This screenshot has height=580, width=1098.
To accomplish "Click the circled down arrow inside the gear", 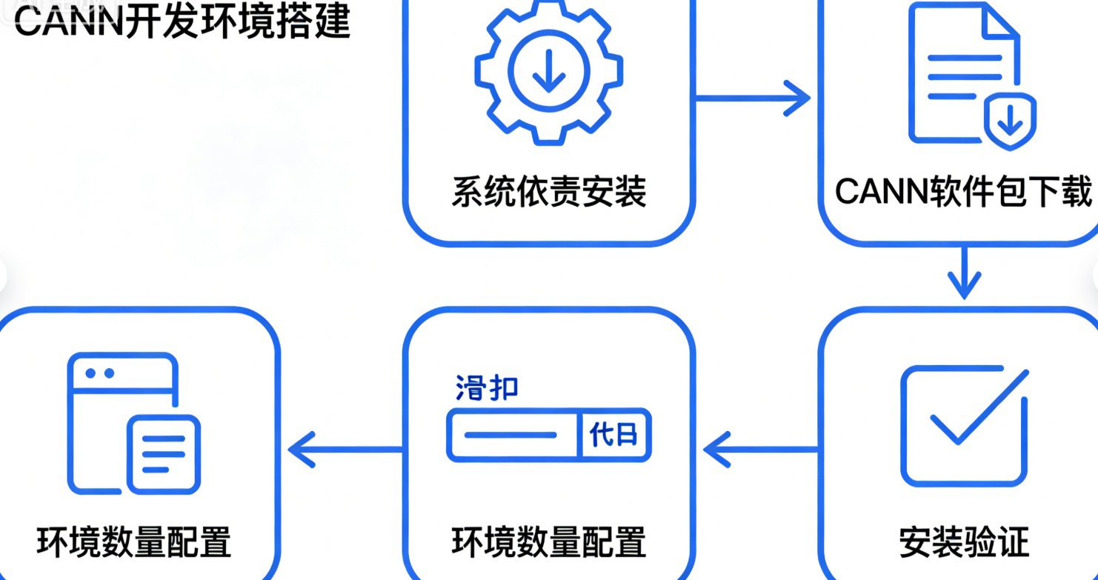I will click(548, 72).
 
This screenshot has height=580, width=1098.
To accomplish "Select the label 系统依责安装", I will click(548, 190).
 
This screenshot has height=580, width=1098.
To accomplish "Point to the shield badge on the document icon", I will click(1009, 121).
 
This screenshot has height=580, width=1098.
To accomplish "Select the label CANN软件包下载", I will click(963, 192).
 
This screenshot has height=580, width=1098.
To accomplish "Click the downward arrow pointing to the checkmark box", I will click(963, 274).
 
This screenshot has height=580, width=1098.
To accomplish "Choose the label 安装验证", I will click(964, 542).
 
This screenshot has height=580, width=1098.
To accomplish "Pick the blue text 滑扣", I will click(486, 389).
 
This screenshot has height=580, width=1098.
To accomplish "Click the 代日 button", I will click(613, 435).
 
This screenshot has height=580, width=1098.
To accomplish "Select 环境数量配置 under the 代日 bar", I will click(548, 542).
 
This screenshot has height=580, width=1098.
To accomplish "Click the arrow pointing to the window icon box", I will click(345, 449).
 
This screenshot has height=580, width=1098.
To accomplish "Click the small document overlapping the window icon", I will click(164, 454).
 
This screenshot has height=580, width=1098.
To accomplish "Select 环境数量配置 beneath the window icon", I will click(133, 542).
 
